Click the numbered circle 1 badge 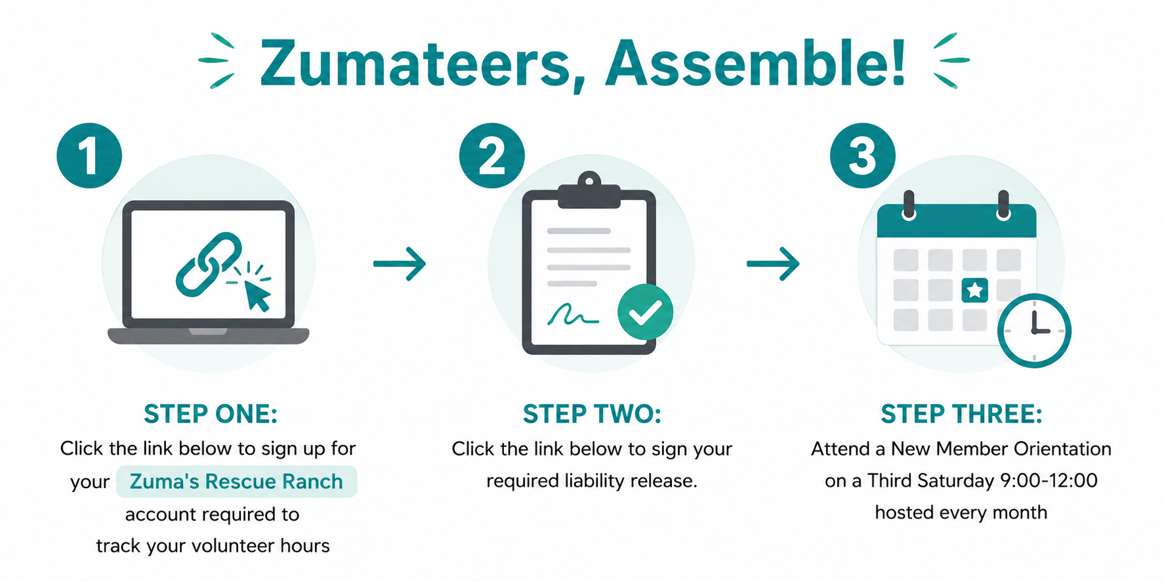point(89,156)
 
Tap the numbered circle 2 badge point(491,156)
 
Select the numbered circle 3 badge point(862,156)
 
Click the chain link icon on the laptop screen point(209,264)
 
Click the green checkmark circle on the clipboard point(645,312)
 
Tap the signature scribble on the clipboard point(573,316)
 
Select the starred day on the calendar point(974,289)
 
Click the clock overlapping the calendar point(1034,330)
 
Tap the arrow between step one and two point(400,264)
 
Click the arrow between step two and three point(773,264)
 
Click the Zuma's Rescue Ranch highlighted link point(236,482)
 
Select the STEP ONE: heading point(211,414)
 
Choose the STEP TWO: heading point(592,414)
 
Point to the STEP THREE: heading point(961,414)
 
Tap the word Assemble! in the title point(755,64)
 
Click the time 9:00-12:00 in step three point(1049,480)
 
